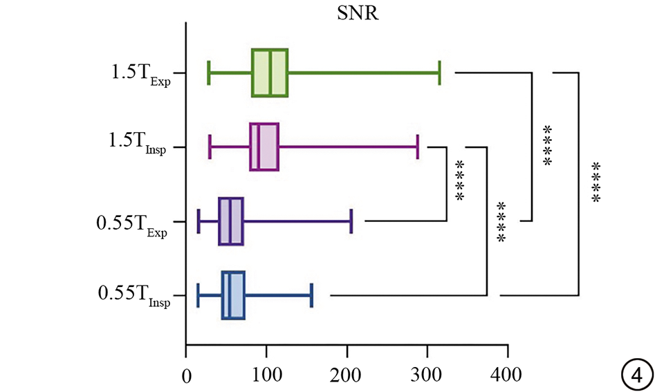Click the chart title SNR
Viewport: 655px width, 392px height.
click(x=358, y=13)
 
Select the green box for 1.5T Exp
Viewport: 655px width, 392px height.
click(x=270, y=73)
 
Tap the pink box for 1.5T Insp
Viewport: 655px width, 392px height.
click(x=264, y=147)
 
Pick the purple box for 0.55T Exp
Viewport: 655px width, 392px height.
click(x=231, y=221)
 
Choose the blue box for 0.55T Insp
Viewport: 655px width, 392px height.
click(x=233, y=295)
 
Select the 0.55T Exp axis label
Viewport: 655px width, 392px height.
click(x=131, y=225)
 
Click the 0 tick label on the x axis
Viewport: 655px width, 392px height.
click(x=186, y=376)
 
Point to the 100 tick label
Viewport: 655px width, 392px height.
click(x=266, y=375)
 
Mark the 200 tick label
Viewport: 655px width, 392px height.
click(x=346, y=375)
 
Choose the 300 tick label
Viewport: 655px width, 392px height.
click(x=426, y=375)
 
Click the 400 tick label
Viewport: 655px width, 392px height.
click(x=506, y=375)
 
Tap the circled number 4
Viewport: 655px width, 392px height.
click(x=637, y=375)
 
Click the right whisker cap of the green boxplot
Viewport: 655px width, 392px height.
click(x=439, y=73)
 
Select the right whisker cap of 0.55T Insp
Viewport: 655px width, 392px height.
click(x=312, y=295)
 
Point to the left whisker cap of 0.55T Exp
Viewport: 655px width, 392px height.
click(x=199, y=221)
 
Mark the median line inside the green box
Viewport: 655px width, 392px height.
click(x=270, y=73)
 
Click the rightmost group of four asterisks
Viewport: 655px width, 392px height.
click(x=596, y=182)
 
